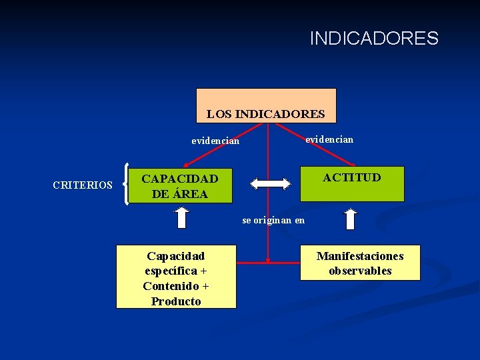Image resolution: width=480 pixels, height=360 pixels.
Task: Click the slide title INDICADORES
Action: pyautogui.click(x=374, y=39)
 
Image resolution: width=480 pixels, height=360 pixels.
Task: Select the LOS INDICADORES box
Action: pyautogui.click(x=266, y=105)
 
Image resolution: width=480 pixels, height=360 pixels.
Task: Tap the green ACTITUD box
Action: pyautogui.click(x=352, y=184)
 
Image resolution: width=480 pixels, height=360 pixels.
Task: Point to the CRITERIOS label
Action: pyautogui.click(x=83, y=185)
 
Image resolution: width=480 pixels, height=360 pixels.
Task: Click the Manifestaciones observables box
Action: pyautogui.click(x=360, y=263)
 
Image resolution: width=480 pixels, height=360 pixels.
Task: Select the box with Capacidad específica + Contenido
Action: pyautogui.click(x=176, y=277)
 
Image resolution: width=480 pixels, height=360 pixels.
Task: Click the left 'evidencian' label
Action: pyautogui.click(x=215, y=141)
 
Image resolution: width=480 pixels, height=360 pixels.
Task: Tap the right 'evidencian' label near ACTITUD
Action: pyautogui.click(x=329, y=139)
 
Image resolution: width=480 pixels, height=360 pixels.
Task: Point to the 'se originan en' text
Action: pyautogui.click(x=273, y=220)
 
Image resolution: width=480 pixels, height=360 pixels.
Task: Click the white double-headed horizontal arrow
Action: pyautogui.click(x=272, y=183)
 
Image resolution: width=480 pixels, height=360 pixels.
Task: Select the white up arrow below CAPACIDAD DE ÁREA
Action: pyautogui.click(x=181, y=219)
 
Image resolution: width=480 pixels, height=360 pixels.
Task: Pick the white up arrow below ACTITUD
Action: pyautogui.click(x=351, y=219)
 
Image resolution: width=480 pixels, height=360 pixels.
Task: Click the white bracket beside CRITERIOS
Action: pyautogui.click(x=127, y=184)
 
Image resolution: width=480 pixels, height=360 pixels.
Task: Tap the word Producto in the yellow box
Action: pyautogui.click(x=176, y=301)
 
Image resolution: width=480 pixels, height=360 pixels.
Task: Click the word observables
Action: pyautogui.click(x=360, y=271)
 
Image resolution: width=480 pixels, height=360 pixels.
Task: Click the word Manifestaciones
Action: pyautogui.click(x=360, y=256)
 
